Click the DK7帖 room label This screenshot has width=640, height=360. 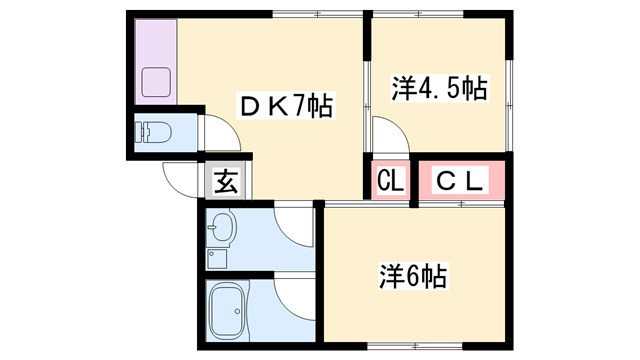286,106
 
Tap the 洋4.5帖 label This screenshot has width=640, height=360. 440,88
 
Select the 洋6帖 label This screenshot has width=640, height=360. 413,276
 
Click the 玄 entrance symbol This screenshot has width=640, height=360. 226,180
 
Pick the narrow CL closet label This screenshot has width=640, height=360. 391,180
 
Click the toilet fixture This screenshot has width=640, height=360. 153,132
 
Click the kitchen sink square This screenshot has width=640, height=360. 156,82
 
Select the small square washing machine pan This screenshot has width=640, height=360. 217,259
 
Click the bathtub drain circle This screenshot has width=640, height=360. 237,311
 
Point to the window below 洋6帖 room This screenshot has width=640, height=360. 415,347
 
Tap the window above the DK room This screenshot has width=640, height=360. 318,14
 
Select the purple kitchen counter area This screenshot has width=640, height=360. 156,62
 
